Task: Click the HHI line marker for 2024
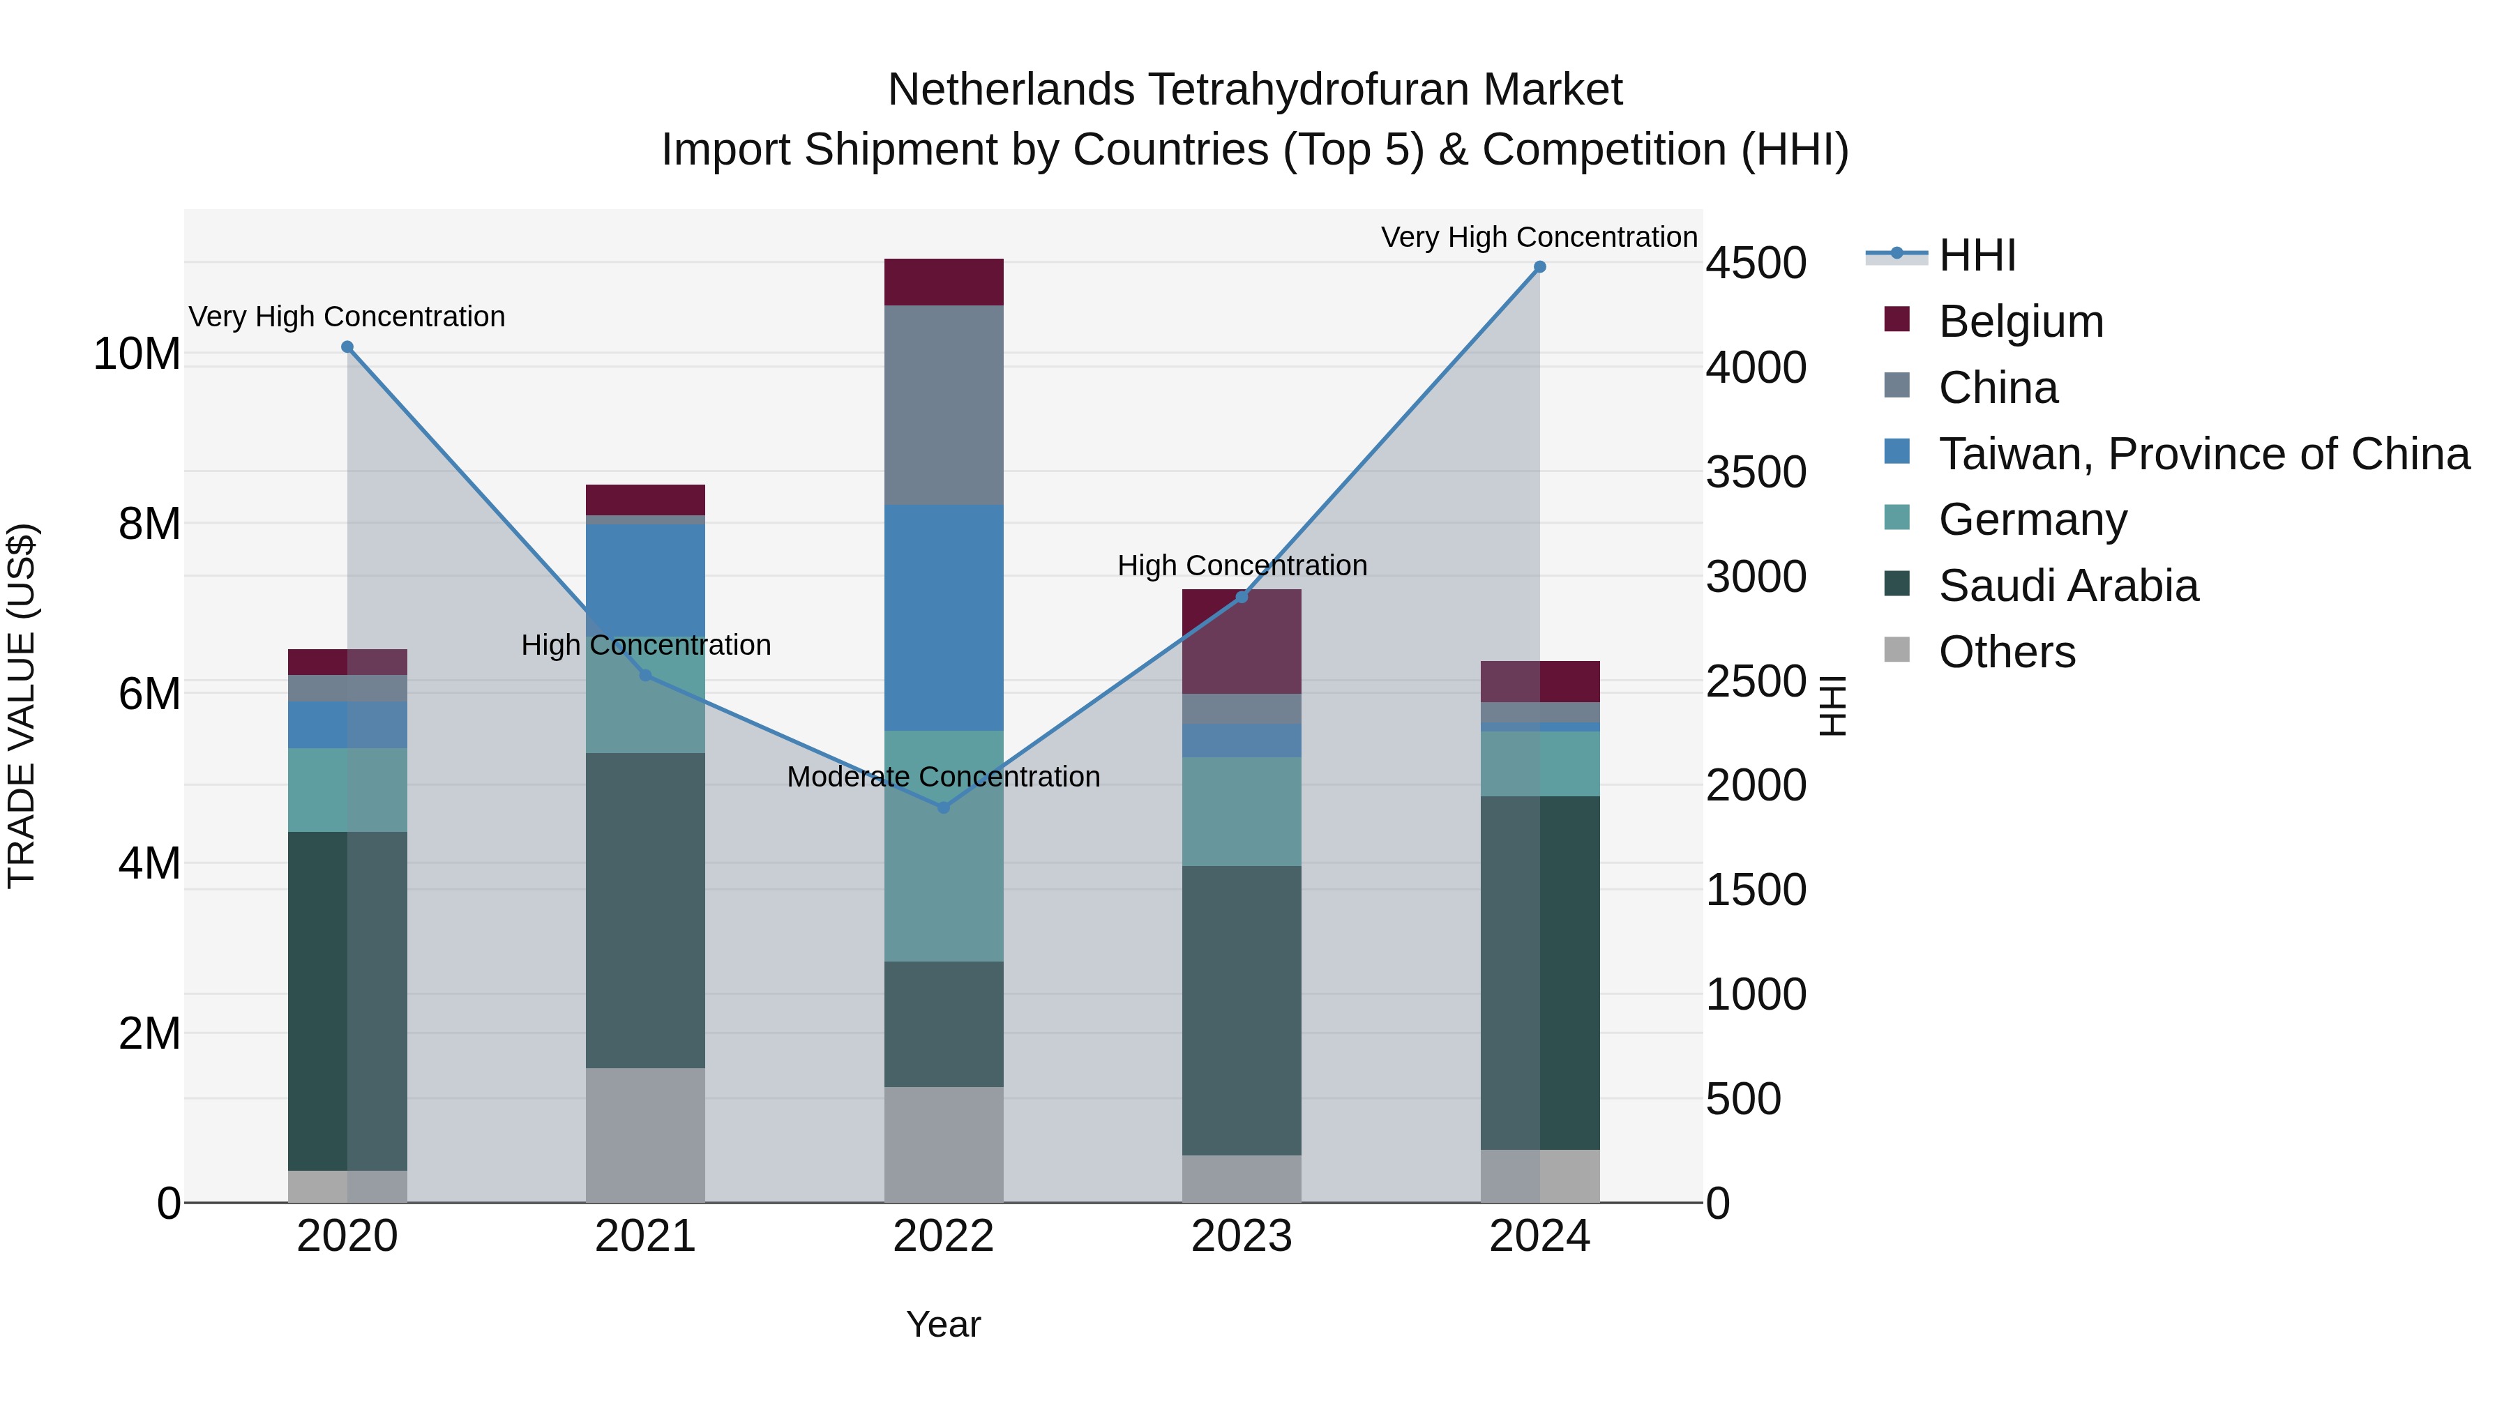[x=1539, y=267]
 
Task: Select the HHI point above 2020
[x=347, y=347]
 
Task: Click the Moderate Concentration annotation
[x=942, y=777]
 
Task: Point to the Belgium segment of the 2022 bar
[x=942, y=282]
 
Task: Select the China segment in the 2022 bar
[x=942, y=404]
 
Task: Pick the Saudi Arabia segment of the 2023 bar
[x=1241, y=1010]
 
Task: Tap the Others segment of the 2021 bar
[x=645, y=1134]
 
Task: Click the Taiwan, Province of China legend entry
[x=2203, y=454]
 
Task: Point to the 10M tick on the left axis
[x=137, y=354]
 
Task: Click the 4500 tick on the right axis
[x=1756, y=263]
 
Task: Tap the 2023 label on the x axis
[x=1241, y=1236]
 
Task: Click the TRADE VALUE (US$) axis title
[x=22, y=706]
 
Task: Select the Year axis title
[x=942, y=1324]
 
